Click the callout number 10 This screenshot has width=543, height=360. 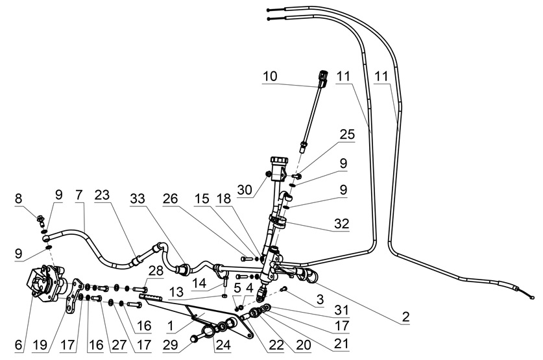click(x=270, y=76)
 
